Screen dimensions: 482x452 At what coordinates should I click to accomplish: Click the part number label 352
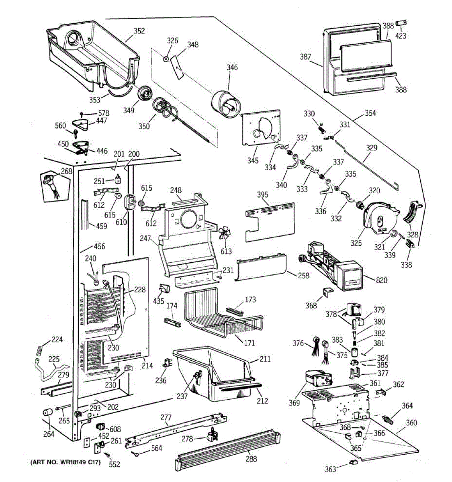click(x=139, y=31)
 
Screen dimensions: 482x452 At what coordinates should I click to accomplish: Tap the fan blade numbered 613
click(x=224, y=234)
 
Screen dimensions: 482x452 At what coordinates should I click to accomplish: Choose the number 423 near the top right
click(x=400, y=36)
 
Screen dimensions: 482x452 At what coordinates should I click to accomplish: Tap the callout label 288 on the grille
click(x=251, y=459)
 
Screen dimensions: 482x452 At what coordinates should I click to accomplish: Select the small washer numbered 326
click(x=166, y=59)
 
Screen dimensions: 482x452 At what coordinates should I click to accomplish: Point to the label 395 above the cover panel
click(x=262, y=195)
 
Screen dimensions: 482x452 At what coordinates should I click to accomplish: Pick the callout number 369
click(x=294, y=403)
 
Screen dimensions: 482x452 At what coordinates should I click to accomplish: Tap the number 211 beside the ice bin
click(x=265, y=359)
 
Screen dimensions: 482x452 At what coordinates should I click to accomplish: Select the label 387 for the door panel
click(x=305, y=57)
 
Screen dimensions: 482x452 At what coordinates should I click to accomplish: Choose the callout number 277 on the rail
click(x=166, y=418)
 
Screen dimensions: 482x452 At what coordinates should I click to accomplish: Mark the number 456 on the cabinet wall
click(x=99, y=246)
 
